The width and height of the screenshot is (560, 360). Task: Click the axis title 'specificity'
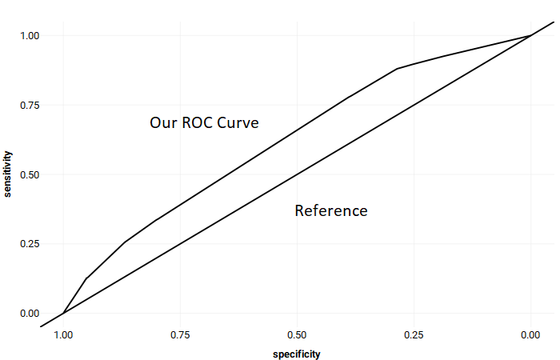point(296,353)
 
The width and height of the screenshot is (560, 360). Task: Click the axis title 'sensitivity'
point(8,174)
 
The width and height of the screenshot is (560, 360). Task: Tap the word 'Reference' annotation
point(331,211)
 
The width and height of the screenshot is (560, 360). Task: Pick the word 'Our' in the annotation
point(164,123)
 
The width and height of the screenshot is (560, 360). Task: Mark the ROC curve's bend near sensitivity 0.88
point(398,69)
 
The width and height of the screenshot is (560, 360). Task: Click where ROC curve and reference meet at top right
point(530,35)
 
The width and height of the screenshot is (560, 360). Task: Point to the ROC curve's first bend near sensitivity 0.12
point(86,278)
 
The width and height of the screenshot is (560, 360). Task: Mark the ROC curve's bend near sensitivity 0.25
point(124,242)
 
